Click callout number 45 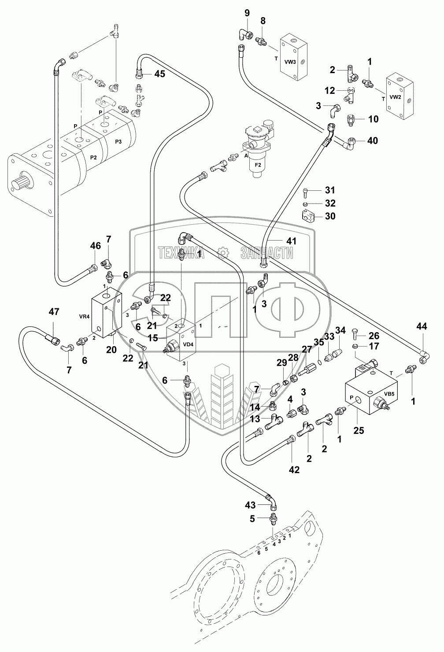tap(159, 74)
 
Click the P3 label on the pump tap(119, 141)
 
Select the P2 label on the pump tap(93, 157)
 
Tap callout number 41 tap(292, 241)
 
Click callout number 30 tap(330, 216)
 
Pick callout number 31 tap(330, 190)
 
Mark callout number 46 tap(96, 246)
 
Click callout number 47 tap(54, 312)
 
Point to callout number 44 tap(422, 326)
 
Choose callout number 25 tap(359, 430)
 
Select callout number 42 tap(294, 470)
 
